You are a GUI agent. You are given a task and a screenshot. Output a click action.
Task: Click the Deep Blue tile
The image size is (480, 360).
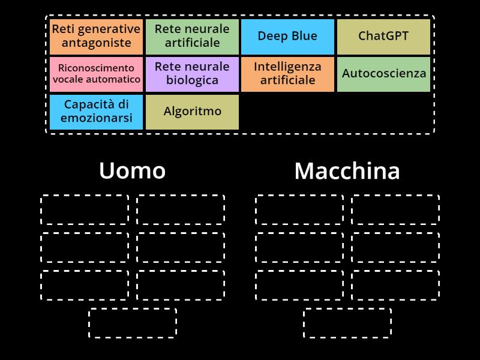tap(287, 36)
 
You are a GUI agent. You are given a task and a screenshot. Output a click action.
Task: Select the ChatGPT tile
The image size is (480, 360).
tap(383, 36)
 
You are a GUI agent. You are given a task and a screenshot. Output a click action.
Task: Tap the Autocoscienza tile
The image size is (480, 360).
tap(383, 74)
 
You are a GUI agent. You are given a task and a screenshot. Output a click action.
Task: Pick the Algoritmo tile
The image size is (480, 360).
tap(192, 112)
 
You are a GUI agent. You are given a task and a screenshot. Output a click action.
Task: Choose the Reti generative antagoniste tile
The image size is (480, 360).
tap(96, 36)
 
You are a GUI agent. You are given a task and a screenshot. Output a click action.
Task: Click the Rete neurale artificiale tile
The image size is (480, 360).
tap(192, 36)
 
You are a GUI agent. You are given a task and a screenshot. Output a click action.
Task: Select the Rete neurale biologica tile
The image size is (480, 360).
tap(192, 74)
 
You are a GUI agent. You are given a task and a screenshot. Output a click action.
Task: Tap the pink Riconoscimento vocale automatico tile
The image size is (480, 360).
tap(96, 74)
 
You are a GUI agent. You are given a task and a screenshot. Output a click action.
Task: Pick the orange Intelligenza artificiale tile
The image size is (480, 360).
tap(287, 74)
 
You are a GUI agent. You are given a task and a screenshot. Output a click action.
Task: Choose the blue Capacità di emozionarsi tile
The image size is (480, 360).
tap(96, 112)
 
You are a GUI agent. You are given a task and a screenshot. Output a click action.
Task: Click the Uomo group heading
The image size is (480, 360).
tap(132, 170)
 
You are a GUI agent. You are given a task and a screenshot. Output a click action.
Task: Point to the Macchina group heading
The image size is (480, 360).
tap(347, 171)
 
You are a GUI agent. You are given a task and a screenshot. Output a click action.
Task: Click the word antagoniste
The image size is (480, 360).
tap(96, 43)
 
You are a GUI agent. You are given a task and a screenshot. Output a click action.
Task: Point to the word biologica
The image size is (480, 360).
tap(192, 81)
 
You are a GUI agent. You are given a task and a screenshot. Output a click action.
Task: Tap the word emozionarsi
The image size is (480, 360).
tap(96, 118)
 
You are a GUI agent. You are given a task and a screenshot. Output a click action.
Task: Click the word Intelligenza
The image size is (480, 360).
tap(287, 67)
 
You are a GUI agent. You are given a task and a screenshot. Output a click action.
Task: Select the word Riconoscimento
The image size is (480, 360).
tap(96, 68)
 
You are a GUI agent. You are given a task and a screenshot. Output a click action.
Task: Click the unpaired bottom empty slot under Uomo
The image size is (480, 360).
tap(133, 323)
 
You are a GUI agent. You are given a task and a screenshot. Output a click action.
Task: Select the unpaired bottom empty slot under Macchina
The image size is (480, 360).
tap(347, 323)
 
